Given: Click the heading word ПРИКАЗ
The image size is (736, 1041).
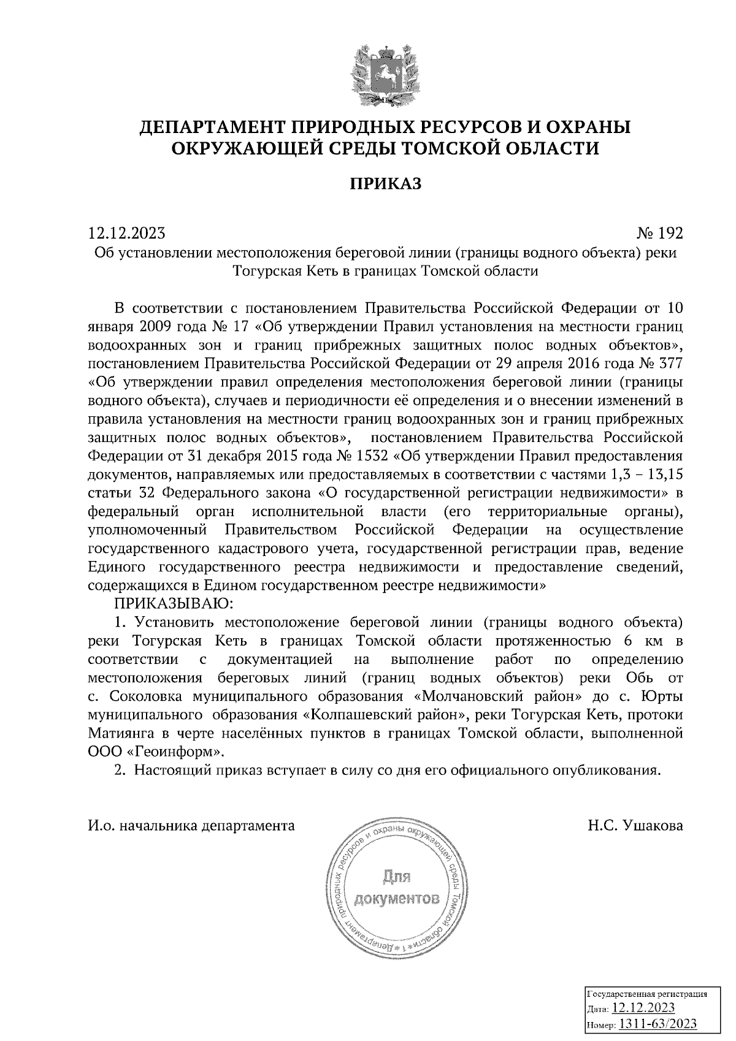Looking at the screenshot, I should click(x=386, y=183).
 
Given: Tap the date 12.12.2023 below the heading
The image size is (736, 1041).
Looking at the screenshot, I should click(x=127, y=233).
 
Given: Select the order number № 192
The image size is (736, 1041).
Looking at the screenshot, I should click(x=659, y=233).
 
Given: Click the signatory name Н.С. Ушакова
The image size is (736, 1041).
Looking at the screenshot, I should click(x=635, y=825).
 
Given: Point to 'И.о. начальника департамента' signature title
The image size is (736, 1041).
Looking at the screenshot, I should click(x=191, y=825).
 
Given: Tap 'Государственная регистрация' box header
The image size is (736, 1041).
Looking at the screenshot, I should click(x=648, y=994).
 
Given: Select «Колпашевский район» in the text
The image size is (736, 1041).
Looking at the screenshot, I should click(x=385, y=715).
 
